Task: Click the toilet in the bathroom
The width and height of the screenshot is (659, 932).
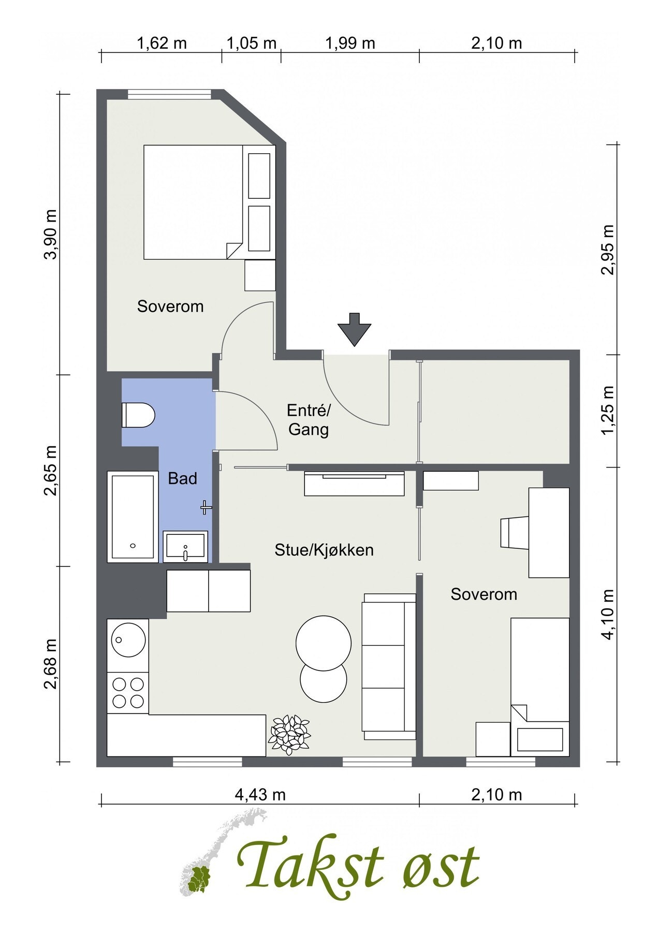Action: pyautogui.click(x=138, y=415)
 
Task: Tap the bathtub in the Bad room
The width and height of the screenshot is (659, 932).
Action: pyautogui.click(x=133, y=516)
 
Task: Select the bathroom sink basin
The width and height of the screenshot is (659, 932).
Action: pyautogui.click(x=185, y=546)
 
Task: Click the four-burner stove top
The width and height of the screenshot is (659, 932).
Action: pyautogui.click(x=128, y=693)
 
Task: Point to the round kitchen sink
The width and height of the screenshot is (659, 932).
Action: pyautogui.click(x=128, y=640)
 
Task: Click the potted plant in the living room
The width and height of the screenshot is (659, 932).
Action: pyautogui.click(x=289, y=734)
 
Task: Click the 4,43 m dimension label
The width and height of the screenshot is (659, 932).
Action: pyautogui.click(x=260, y=794)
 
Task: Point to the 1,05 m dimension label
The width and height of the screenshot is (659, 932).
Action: pyautogui.click(x=252, y=43)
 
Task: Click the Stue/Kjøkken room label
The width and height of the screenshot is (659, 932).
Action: pyautogui.click(x=324, y=550)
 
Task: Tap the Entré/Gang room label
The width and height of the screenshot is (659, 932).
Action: pyautogui.click(x=309, y=420)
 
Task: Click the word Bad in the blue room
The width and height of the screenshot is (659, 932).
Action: pyautogui.click(x=183, y=478)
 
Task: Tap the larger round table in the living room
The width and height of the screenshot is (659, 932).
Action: pyautogui.click(x=324, y=643)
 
